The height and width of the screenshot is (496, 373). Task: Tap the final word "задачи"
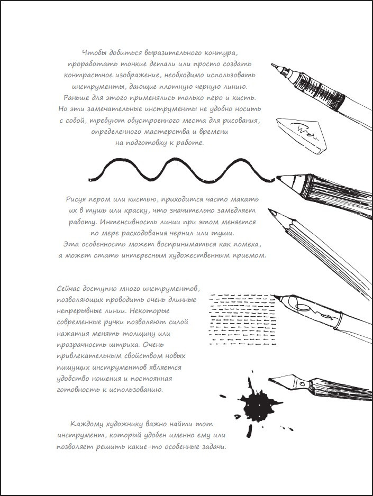pos(212,447)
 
